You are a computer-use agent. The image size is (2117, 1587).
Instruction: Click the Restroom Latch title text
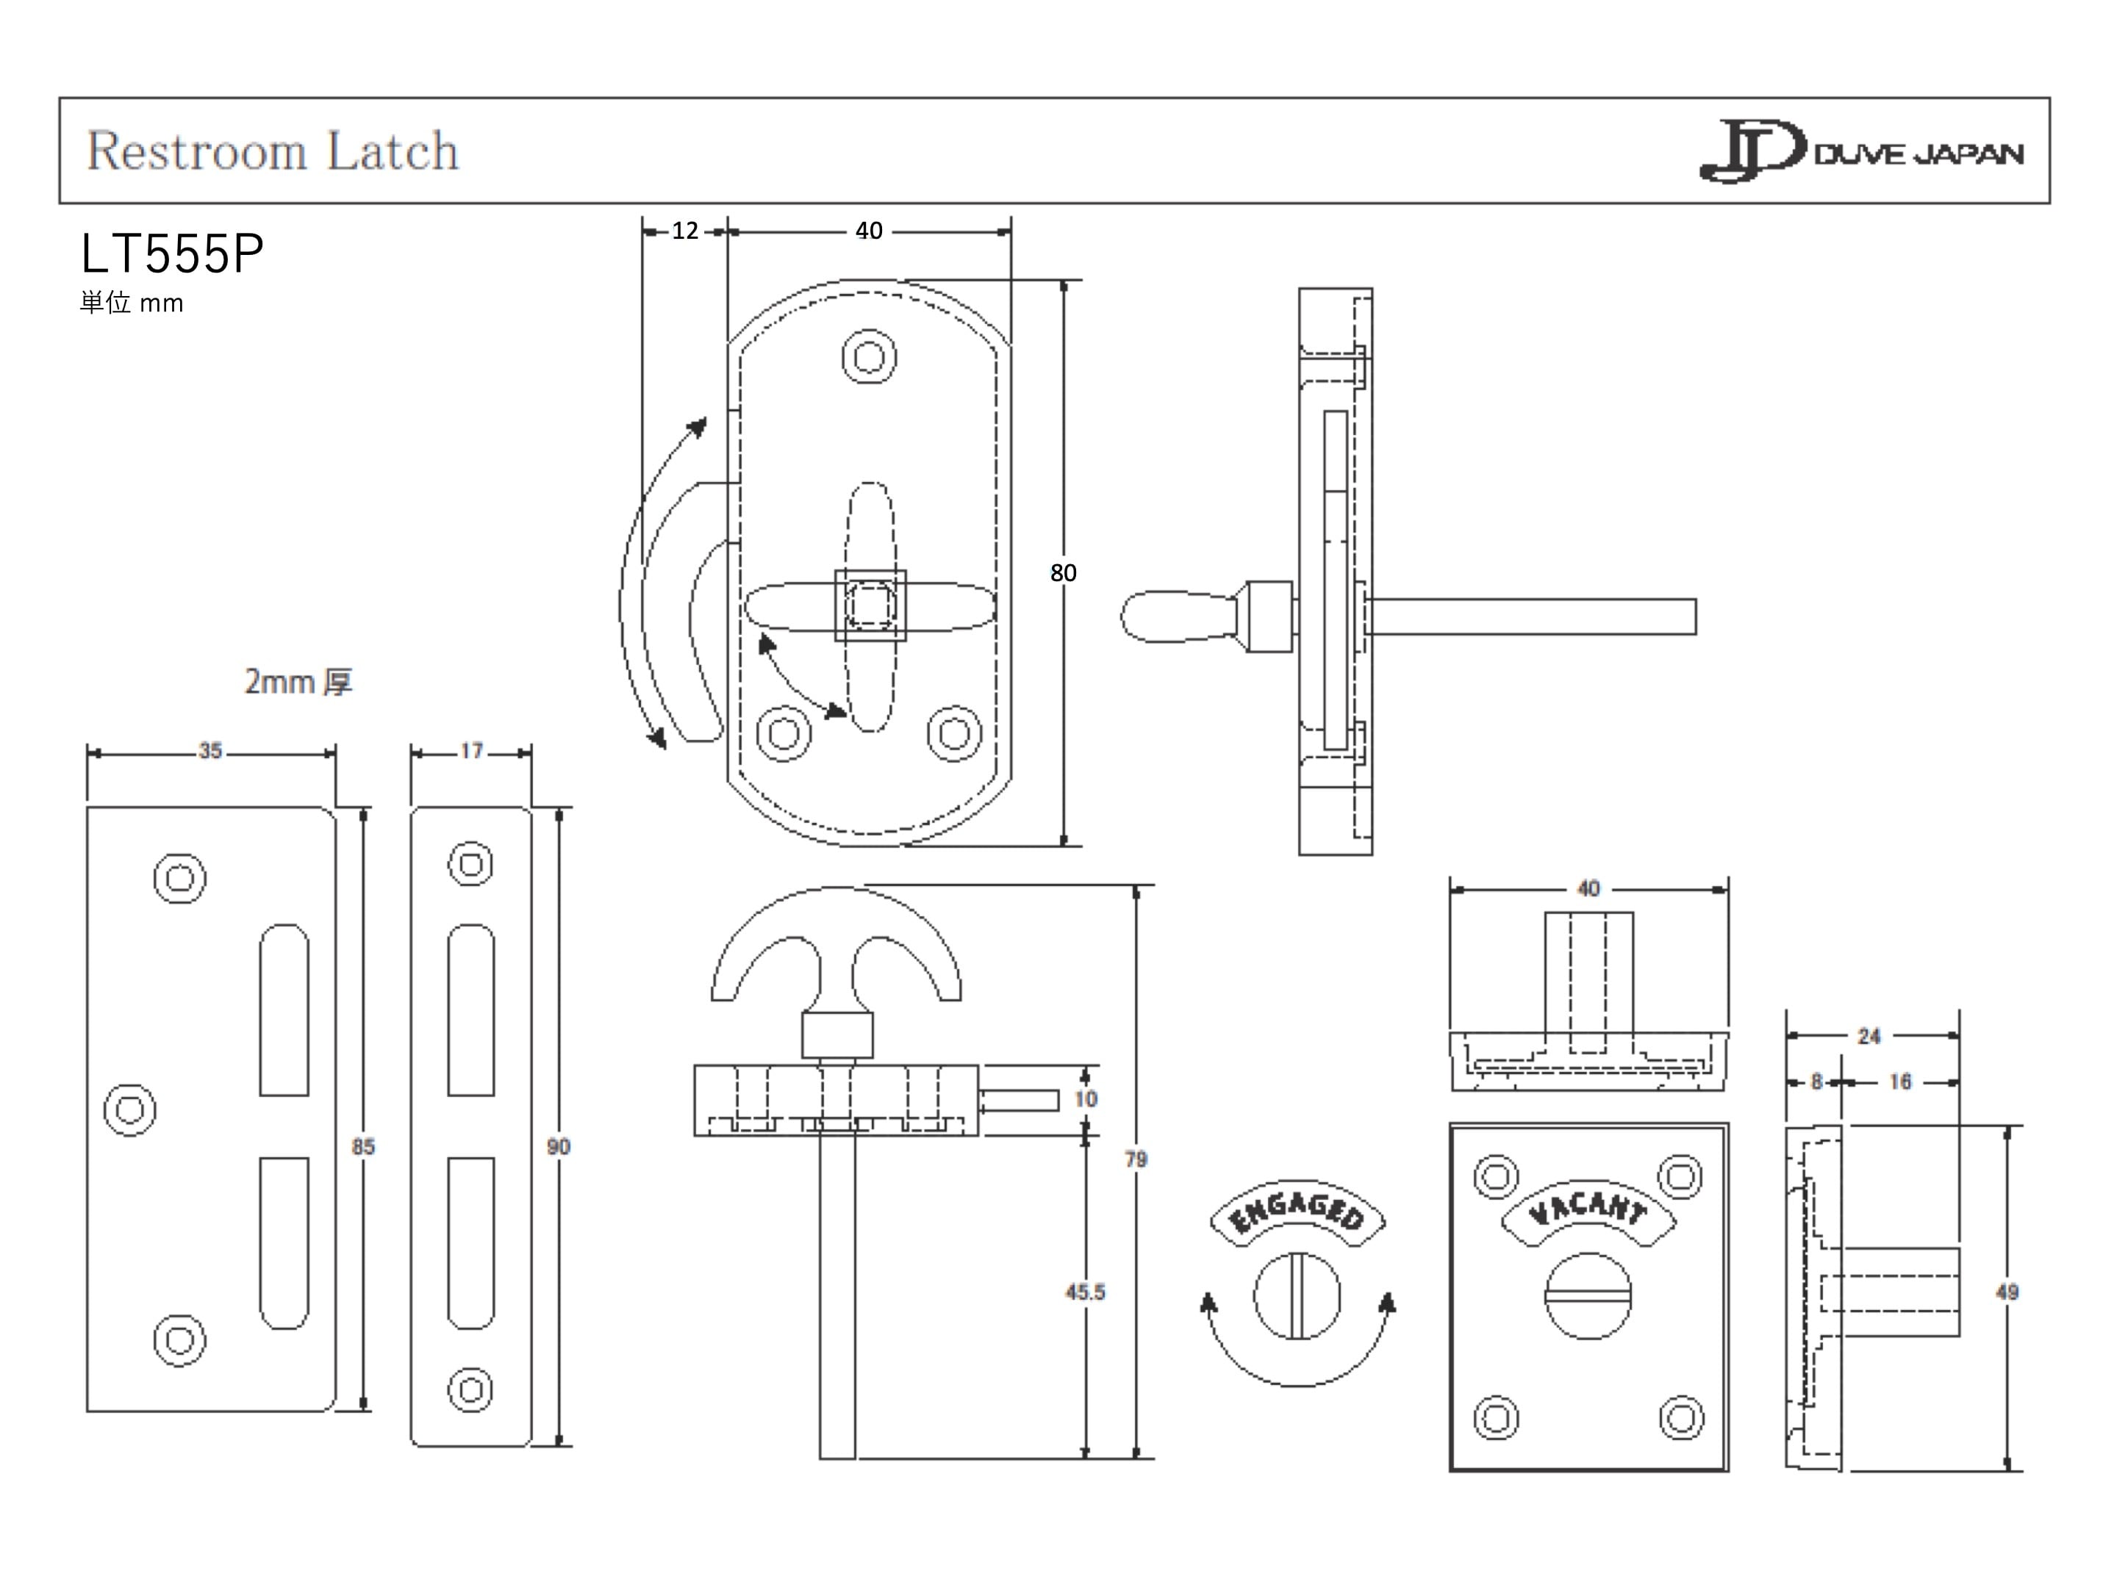273,151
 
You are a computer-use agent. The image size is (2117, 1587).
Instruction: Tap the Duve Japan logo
1860,151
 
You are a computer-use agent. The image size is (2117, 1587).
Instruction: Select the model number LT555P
172,254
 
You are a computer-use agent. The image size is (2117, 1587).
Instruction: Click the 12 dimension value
684,231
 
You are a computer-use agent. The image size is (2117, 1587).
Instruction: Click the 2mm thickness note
298,682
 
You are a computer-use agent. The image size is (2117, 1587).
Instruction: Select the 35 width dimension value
210,751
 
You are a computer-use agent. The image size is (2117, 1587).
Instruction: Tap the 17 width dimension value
471,751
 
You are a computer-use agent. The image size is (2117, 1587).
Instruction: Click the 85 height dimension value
362,1146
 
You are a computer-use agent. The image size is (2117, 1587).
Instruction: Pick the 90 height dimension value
558,1146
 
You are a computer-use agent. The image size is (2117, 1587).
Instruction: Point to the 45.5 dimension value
1084,1292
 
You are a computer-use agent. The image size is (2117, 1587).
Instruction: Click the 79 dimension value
1135,1159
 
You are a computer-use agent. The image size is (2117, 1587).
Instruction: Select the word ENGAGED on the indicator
1297,1212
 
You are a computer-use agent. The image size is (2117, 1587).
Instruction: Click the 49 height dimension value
2007,1292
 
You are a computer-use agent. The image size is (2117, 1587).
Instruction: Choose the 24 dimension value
1869,1036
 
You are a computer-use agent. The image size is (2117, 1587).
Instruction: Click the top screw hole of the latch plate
869,358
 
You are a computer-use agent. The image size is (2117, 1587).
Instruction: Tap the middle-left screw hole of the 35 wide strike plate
130,1109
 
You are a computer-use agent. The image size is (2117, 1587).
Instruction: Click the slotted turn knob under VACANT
1588,1296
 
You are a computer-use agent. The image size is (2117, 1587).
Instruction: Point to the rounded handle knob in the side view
1177,617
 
